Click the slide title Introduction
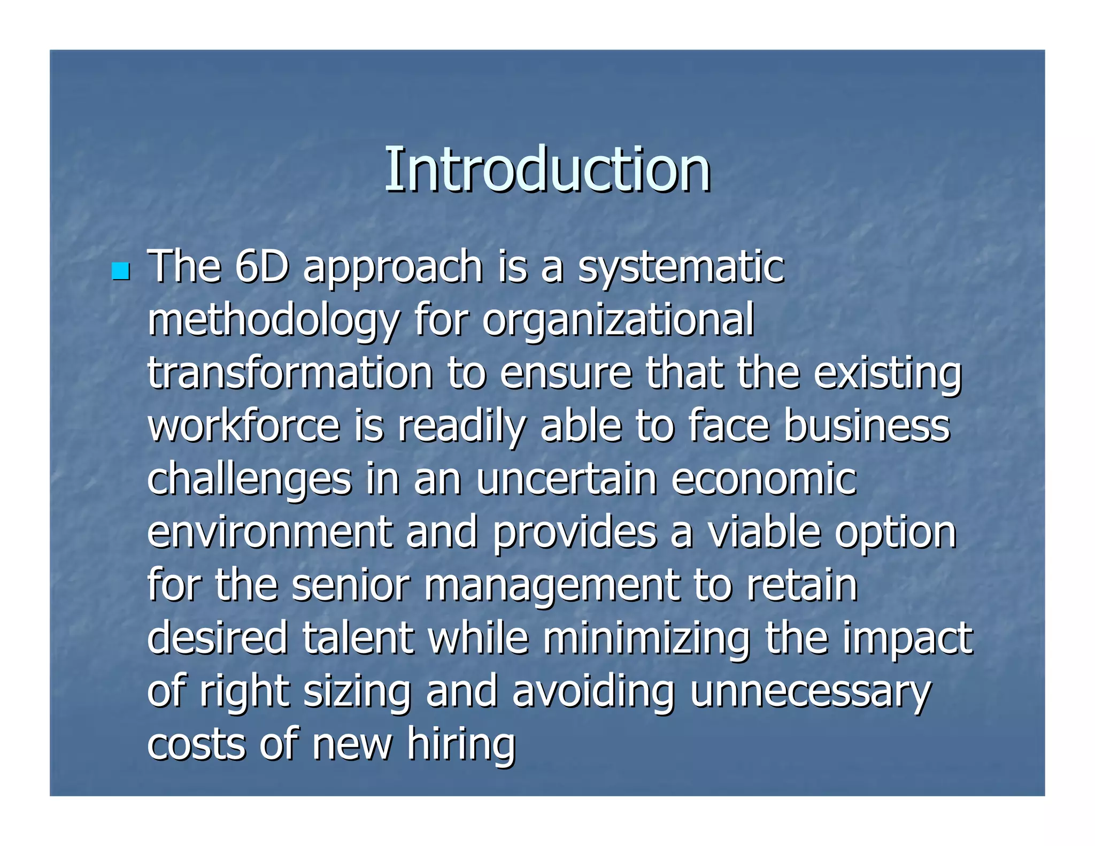tap(547, 170)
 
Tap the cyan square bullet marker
tap(121, 271)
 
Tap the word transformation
tap(290, 372)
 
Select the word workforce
tap(244, 426)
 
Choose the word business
tap(867, 426)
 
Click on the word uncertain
tap(566, 479)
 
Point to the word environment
tap(270, 532)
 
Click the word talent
tap(358, 637)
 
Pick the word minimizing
tap(646, 639)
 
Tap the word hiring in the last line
tap(461, 744)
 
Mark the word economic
tap(764, 479)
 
